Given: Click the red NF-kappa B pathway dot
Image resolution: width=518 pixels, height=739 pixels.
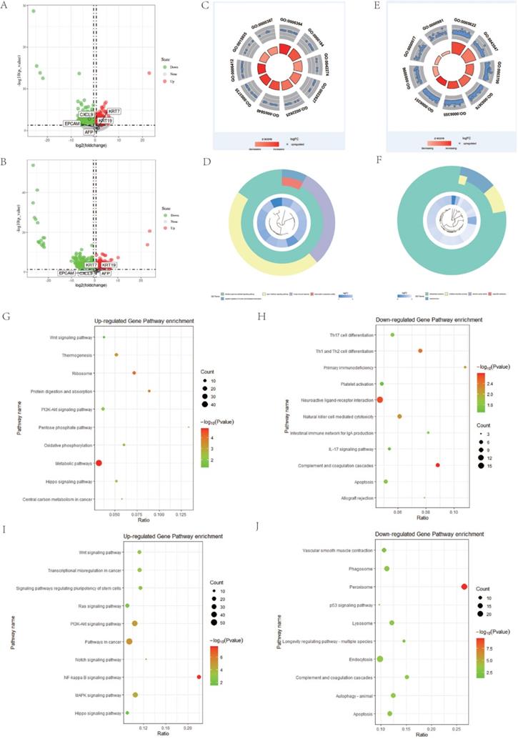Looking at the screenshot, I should pyautogui.click(x=199, y=677).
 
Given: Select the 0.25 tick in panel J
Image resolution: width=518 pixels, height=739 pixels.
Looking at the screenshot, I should pyautogui.click(x=457, y=727).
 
